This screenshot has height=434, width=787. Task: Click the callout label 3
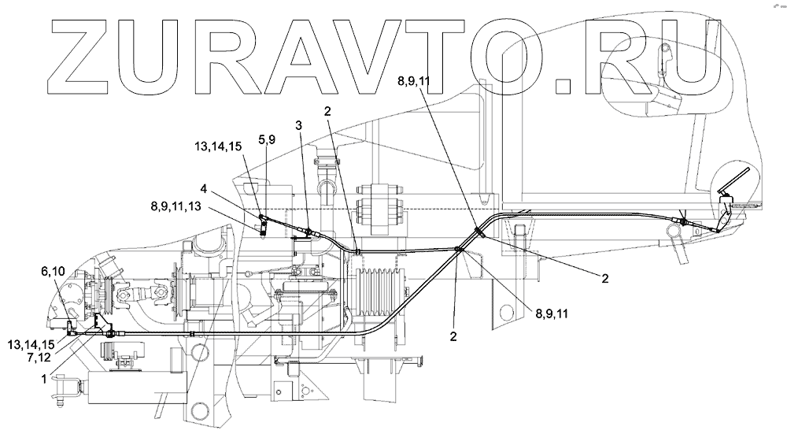298,125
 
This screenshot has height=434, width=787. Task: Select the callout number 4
204,189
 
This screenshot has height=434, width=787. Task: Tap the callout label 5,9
268,139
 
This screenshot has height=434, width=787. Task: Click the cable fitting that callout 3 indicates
309,232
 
